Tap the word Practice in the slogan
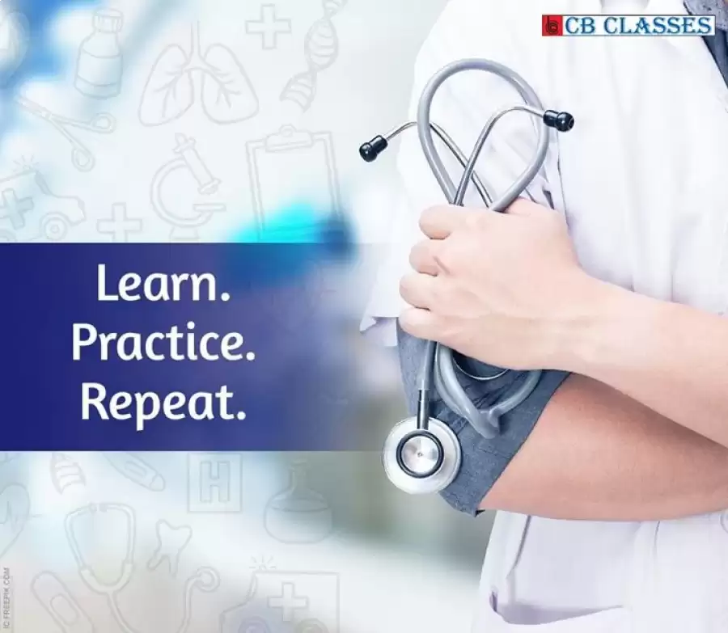tap(163, 344)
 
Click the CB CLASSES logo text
tap(638, 26)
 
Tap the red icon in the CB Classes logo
tap(552, 26)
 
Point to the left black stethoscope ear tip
tap(373, 148)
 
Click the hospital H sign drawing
tap(214, 483)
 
